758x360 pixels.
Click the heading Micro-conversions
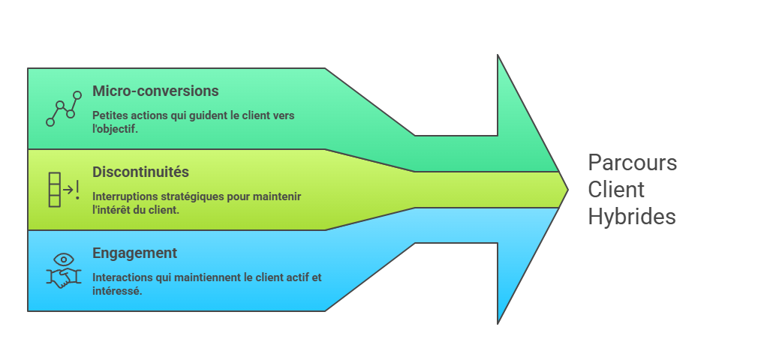(x=155, y=91)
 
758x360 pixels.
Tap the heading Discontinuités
(x=140, y=172)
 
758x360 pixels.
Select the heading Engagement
(x=134, y=253)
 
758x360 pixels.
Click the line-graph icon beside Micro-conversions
(x=64, y=109)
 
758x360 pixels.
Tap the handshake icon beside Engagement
(x=64, y=278)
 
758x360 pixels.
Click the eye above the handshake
(x=64, y=259)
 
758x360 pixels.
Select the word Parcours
(x=632, y=163)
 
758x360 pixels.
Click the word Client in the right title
(x=615, y=190)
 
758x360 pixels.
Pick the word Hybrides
(x=631, y=217)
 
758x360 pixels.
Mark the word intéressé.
(x=117, y=290)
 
